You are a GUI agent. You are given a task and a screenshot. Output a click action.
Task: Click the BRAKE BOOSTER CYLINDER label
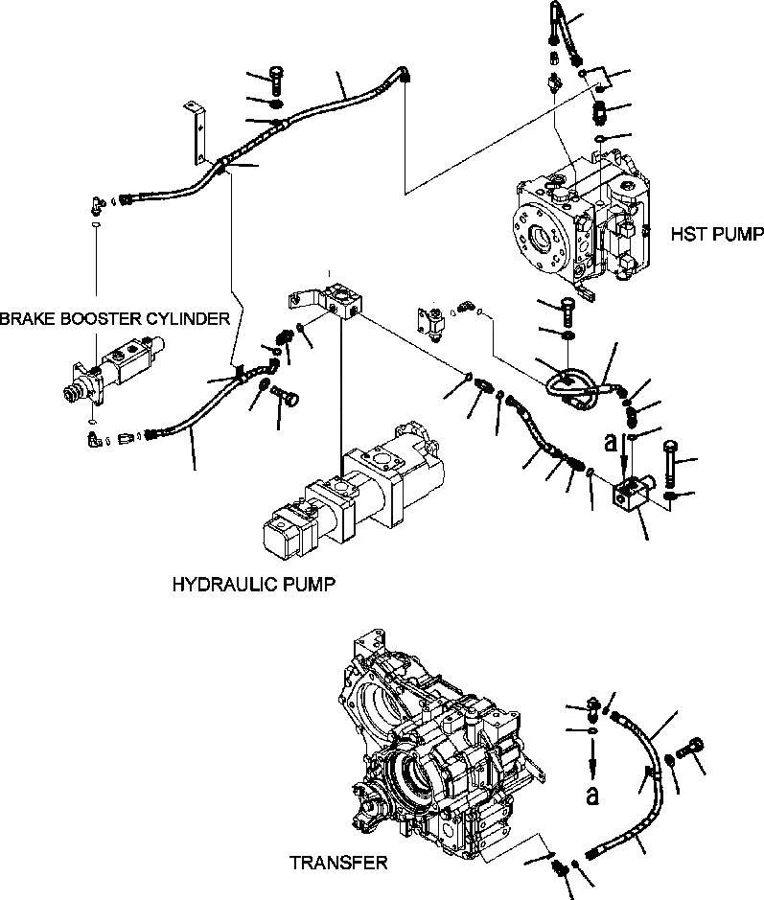[x=115, y=318]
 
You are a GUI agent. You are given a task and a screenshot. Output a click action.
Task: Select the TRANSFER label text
[x=338, y=863]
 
